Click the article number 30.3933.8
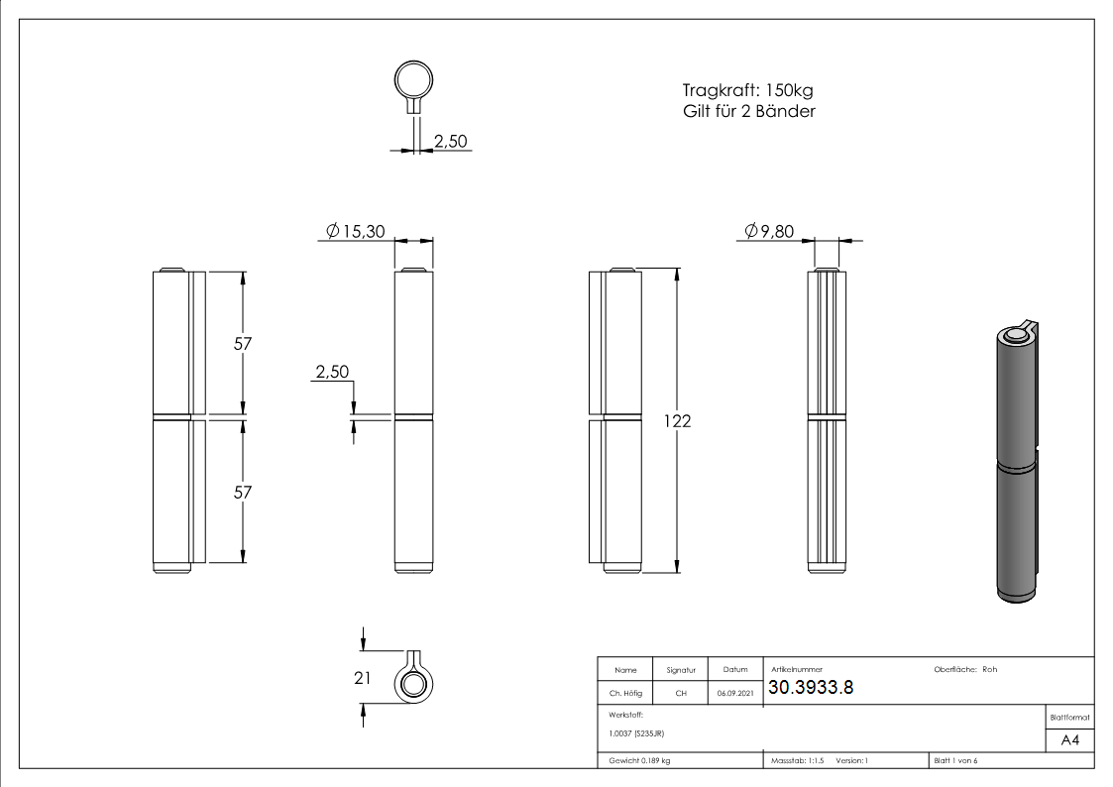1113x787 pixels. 810,689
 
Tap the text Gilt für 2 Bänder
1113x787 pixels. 742,112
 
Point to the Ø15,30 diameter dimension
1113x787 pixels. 357,231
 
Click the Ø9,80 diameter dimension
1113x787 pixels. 771,231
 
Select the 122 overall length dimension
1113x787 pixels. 678,420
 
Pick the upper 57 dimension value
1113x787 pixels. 243,344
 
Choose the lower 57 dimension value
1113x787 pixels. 243,492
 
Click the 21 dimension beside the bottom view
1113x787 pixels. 362,678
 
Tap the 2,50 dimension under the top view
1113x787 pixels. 451,142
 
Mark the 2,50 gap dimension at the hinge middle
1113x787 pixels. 332,373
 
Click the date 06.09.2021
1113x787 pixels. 734,694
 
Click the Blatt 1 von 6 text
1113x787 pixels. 955,760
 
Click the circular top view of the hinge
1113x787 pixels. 413,80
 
